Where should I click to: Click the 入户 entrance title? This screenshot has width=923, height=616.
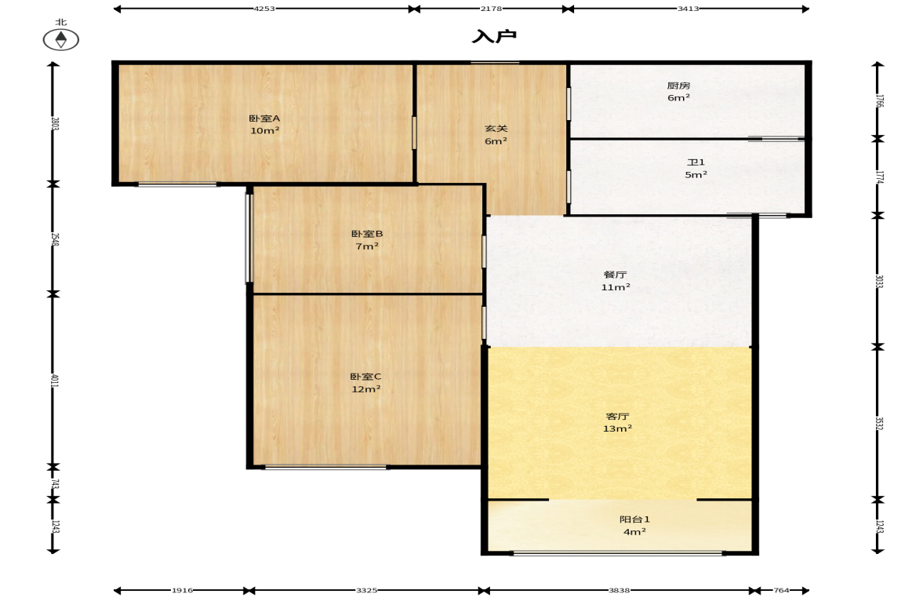point(494,37)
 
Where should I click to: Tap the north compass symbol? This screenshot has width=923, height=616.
point(61,39)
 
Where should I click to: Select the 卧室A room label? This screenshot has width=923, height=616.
point(264,118)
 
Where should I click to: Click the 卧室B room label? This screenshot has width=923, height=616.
point(367,234)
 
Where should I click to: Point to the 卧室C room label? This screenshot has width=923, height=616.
point(365,377)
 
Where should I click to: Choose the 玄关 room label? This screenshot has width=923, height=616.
point(496,129)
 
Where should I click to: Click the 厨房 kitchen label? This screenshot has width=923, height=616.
point(678,86)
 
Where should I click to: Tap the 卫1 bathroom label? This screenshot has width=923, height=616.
point(696,162)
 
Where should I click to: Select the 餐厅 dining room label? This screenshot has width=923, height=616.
point(615,275)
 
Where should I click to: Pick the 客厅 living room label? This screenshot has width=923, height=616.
point(617,417)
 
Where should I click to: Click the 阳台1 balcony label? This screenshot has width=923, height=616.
point(634,519)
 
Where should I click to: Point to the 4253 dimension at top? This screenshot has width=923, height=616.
point(264,9)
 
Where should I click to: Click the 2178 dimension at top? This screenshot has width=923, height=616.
point(491,9)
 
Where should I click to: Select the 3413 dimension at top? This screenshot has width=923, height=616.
point(688,9)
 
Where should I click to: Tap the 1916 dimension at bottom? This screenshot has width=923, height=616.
point(182,590)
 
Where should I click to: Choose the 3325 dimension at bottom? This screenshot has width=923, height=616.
point(367,590)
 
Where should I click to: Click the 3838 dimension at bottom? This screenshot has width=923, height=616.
point(620,590)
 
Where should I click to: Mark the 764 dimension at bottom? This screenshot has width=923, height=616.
point(781,590)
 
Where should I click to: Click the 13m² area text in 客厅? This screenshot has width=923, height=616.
point(617,428)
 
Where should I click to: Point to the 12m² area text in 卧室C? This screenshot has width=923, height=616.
point(365,389)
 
